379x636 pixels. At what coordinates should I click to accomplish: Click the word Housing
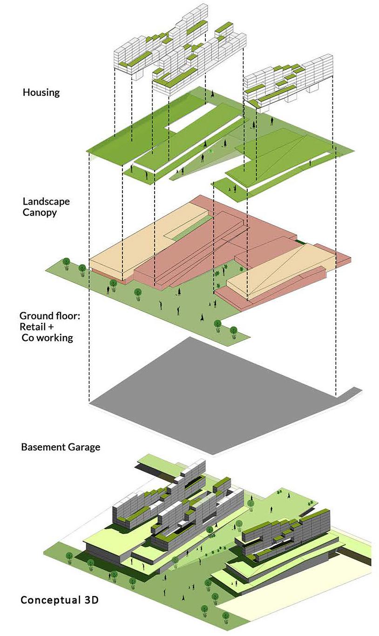[x=41, y=92]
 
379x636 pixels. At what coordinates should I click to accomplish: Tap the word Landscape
[x=46, y=201]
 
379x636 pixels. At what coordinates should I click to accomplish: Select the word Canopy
[x=40, y=213]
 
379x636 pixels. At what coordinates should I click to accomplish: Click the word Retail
[x=34, y=327]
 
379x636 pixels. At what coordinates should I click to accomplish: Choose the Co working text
[x=47, y=338]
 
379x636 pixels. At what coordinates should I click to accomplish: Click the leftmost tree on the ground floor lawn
[x=67, y=262]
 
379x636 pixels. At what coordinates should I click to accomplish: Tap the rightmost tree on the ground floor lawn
[x=234, y=331]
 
